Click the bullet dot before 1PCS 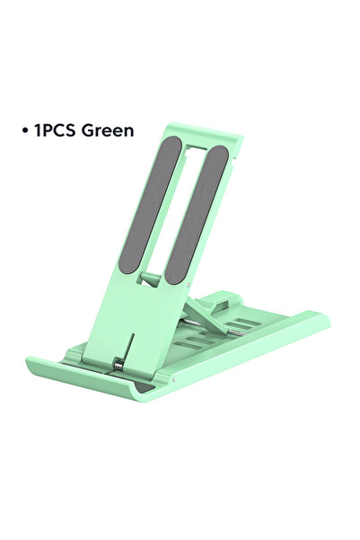click(24, 131)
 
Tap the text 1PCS click(55, 131)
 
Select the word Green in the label click(108, 131)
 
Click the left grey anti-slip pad click(149, 205)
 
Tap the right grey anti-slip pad click(197, 214)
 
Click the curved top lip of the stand click(206, 134)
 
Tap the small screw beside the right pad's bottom click(188, 285)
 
